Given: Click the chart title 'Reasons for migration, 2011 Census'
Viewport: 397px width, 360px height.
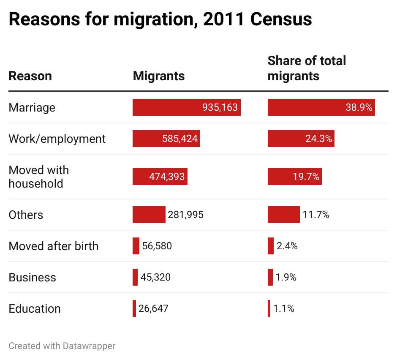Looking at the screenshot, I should coord(160,19).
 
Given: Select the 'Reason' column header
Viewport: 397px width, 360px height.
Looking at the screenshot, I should coord(30,76).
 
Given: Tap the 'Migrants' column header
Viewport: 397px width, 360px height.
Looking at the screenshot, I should coord(159,76).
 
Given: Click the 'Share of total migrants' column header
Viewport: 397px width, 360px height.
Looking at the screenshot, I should coord(307,68).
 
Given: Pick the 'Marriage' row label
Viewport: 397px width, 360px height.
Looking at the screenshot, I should coord(32,107).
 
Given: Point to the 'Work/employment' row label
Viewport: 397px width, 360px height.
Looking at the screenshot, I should coord(57,139).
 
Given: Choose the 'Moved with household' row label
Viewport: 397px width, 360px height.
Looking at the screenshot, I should coord(38,177).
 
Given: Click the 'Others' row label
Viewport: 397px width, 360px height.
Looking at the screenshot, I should coord(26,215).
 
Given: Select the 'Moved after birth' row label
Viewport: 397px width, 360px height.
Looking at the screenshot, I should coord(53,246).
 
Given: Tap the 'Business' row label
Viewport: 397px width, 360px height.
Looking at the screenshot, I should coord(32,277).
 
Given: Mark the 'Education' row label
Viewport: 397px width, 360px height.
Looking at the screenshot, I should coord(35,308).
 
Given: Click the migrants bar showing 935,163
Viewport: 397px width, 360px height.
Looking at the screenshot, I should coord(186,107).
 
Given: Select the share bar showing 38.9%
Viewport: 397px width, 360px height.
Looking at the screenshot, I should coord(321,107).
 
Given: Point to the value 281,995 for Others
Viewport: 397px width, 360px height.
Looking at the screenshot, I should coord(185,215).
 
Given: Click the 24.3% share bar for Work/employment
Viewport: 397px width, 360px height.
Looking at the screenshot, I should coord(301,139).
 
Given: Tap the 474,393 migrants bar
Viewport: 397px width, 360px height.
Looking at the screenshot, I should coord(160,177).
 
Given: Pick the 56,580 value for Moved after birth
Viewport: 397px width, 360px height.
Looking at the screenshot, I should coord(157,246).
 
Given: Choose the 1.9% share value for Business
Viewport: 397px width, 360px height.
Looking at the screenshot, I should coord(286,277).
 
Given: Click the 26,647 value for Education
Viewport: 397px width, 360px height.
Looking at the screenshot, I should coord(153,308).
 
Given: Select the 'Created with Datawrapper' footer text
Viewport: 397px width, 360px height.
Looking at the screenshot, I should coord(62,346).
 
